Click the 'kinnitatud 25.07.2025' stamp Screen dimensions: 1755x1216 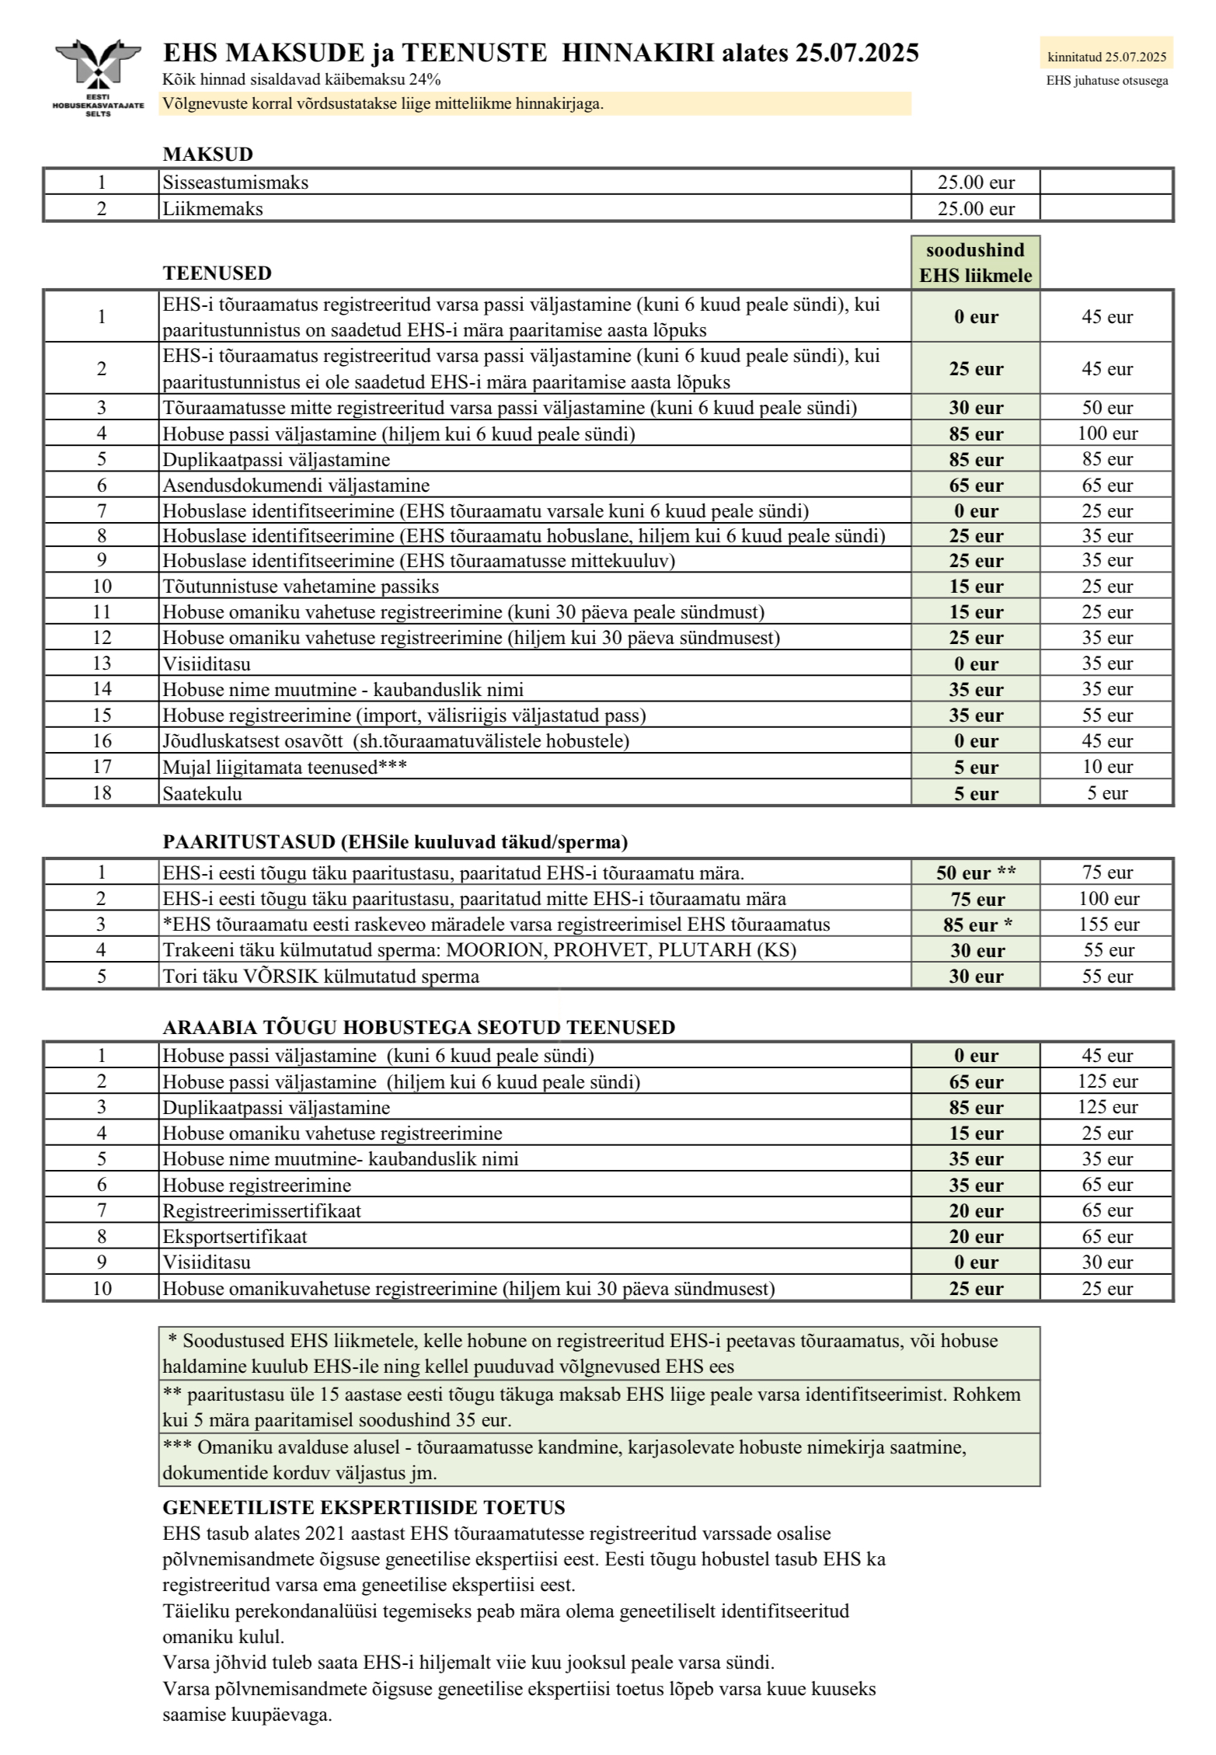tap(1106, 56)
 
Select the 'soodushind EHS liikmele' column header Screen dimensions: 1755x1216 tap(975, 263)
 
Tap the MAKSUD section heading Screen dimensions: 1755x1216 tap(207, 154)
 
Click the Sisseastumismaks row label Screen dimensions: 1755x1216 tap(235, 183)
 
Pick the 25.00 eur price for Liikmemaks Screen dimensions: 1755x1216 tap(975, 209)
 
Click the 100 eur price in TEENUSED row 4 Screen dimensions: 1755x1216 tap(1106, 434)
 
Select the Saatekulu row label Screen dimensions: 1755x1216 tap(202, 793)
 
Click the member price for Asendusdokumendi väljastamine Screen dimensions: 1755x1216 tap(975, 486)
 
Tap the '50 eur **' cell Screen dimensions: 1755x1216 tap(975, 872)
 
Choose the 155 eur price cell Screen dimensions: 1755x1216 tap(1106, 925)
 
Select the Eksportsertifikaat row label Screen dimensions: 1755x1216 tap(235, 1236)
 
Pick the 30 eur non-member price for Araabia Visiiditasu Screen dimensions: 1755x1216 tap(1106, 1262)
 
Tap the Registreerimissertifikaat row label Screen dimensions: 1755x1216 tap(261, 1210)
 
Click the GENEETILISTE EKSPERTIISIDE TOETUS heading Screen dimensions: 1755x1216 tap(364, 1508)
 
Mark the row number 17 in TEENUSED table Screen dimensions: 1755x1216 tap(102, 767)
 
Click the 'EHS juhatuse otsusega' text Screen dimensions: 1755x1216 tap(1106, 81)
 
